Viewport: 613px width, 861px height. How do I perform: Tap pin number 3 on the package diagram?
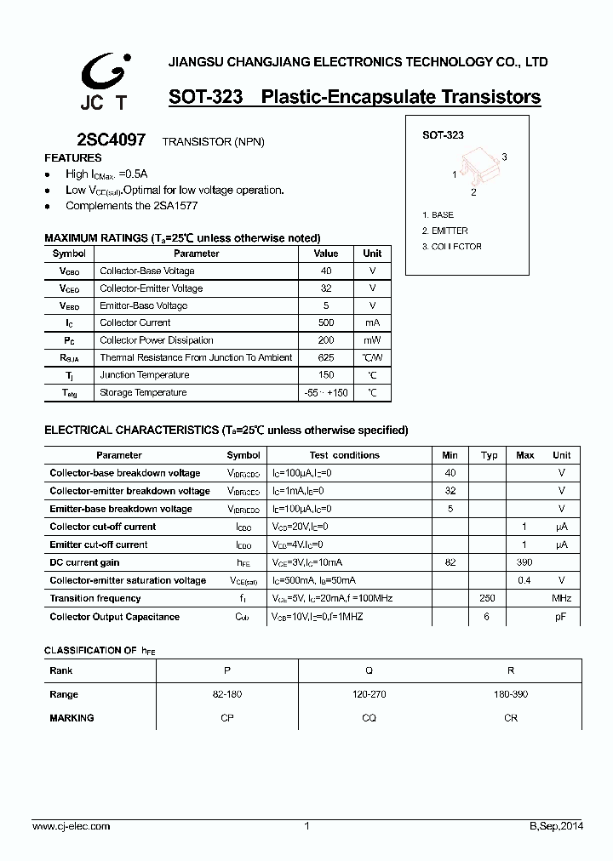(x=504, y=157)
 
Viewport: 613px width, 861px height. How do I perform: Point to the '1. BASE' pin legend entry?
(x=438, y=215)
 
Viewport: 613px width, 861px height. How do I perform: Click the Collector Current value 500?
(x=325, y=322)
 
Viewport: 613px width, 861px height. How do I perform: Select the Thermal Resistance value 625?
(x=325, y=357)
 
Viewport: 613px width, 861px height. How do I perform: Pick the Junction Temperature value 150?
(x=325, y=375)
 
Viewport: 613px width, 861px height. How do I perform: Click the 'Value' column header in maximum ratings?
(x=325, y=254)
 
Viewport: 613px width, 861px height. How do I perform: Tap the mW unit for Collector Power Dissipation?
(x=372, y=340)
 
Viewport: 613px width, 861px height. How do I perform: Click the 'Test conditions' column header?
(x=344, y=455)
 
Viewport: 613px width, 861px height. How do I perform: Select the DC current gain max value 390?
(x=525, y=562)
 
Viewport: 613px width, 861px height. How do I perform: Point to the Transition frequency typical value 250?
(x=489, y=598)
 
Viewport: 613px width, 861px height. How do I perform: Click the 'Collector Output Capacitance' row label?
(x=114, y=617)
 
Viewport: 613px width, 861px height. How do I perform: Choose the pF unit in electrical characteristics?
(x=561, y=617)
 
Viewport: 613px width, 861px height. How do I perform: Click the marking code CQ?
(x=369, y=718)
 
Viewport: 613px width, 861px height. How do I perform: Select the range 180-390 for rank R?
(x=511, y=694)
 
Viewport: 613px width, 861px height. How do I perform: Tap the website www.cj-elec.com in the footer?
(x=71, y=826)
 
